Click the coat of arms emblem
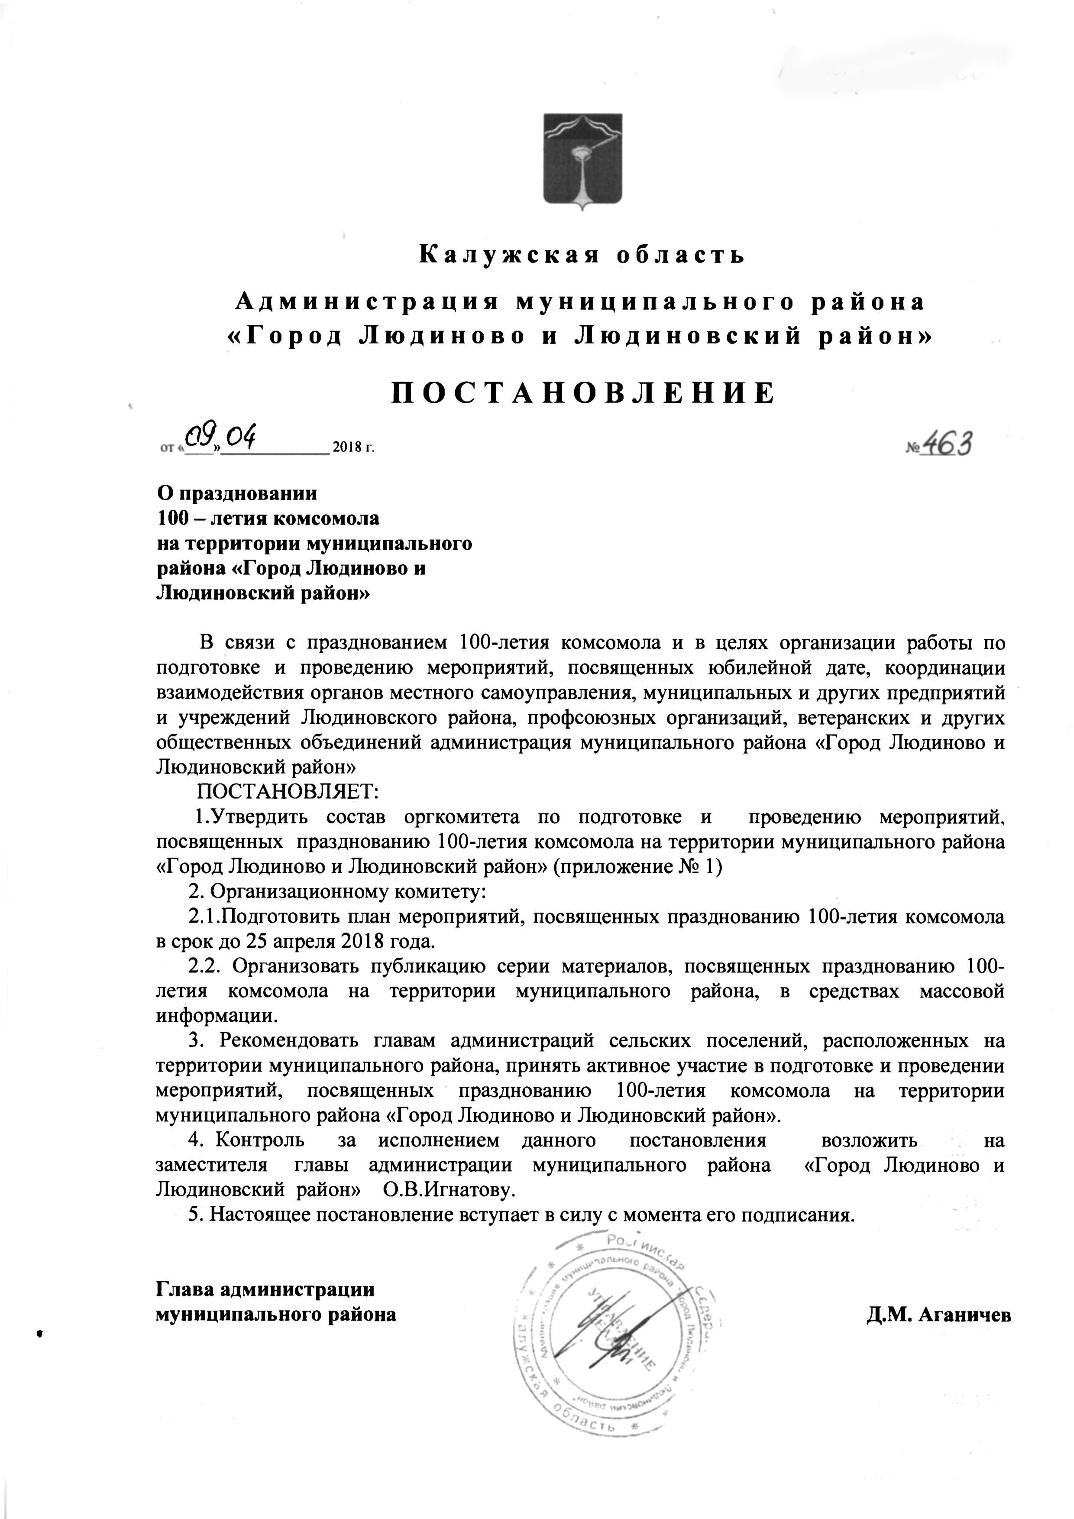click(x=582, y=162)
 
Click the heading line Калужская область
click(x=582, y=255)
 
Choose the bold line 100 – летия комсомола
click(x=268, y=519)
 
